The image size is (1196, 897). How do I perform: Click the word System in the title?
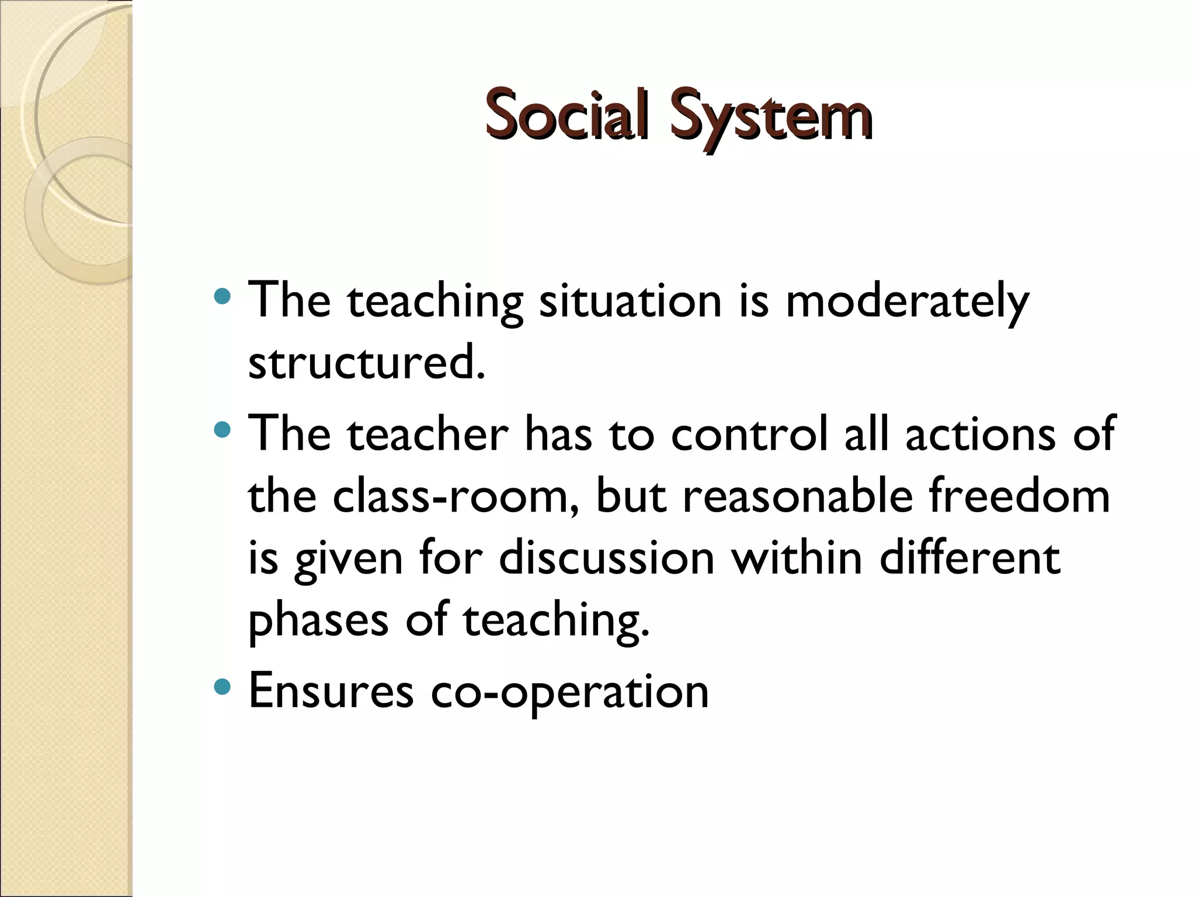click(x=771, y=115)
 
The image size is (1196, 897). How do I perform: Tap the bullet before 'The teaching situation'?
click(x=222, y=298)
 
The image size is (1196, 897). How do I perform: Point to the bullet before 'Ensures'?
click(x=222, y=687)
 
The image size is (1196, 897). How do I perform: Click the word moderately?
click(x=907, y=301)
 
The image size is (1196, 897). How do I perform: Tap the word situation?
click(x=631, y=301)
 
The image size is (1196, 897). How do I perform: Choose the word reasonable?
click(x=797, y=496)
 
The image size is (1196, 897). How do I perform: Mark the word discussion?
click(x=607, y=558)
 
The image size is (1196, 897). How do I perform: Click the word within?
click(x=797, y=558)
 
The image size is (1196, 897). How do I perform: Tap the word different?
click(x=969, y=558)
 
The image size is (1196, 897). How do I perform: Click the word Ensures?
click(x=331, y=691)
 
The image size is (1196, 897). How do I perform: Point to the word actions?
click(x=981, y=434)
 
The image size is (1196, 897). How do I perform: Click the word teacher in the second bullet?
click(x=428, y=434)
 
